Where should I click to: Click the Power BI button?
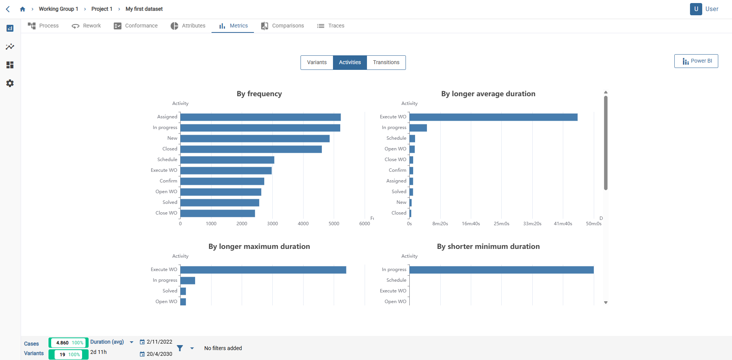pyautogui.click(x=696, y=61)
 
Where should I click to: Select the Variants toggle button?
pyautogui.click(x=317, y=63)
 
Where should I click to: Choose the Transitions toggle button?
pyautogui.click(x=386, y=63)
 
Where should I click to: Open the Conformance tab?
pyautogui.click(x=136, y=26)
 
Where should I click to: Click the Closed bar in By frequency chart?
pyautogui.click(x=251, y=149)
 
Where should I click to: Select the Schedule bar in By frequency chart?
pyautogui.click(x=227, y=160)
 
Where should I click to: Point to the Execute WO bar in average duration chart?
pyautogui.click(x=493, y=117)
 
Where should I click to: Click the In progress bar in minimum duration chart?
pyautogui.click(x=501, y=270)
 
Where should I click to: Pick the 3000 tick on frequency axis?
pyautogui.click(x=272, y=224)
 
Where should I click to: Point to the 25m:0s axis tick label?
pyautogui.click(x=501, y=224)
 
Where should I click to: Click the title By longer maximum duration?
pyautogui.click(x=259, y=247)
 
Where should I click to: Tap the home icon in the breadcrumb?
pyautogui.click(x=23, y=9)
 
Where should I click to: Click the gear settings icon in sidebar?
pyautogui.click(x=10, y=83)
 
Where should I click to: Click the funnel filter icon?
pyautogui.click(x=180, y=348)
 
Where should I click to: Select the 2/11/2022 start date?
pyautogui.click(x=159, y=342)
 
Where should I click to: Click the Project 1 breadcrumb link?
pyautogui.click(x=102, y=9)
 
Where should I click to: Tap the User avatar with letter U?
pyautogui.click(x=696, y=9)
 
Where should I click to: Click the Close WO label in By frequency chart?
pyautogui.click(x=166, y=213)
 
